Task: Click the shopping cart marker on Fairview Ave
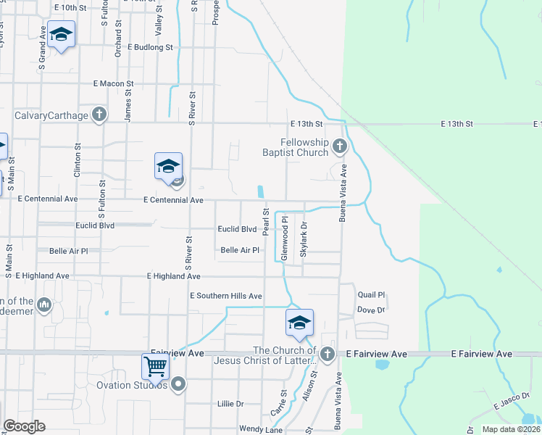[x=156, y=366]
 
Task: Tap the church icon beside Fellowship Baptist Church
[x=338, y=148]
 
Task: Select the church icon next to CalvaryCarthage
[x=99, y=114]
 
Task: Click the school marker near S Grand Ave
[x=62, y=34]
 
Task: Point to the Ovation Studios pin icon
[x=178, y=385]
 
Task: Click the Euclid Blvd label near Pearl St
[x=238, y=229]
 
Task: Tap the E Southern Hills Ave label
[x=225, y=296]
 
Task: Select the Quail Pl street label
[x=371, y=295]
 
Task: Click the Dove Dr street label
[x=370, y=310]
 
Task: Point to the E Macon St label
[x=113, y=84]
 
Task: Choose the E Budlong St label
[x=151, y=47]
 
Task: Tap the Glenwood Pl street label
[x=285, y=239]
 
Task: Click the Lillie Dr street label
[x=230, y=403]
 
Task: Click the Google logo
[x=24, y=426]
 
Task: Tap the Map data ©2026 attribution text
[x=511, y=429]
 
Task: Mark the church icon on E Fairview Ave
[x=327, y=354]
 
